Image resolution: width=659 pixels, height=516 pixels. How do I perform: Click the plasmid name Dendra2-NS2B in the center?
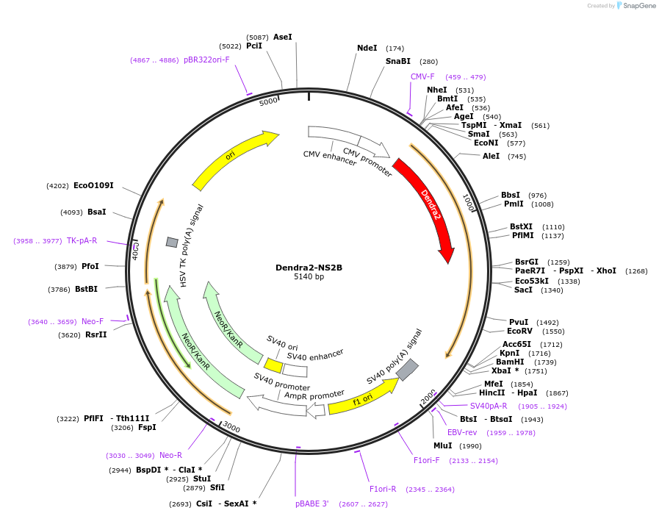(x=309, y=268)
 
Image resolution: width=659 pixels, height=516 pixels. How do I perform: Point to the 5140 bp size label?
(x=309, y=277)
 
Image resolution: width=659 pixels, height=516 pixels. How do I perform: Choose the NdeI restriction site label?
(x=367, y=49)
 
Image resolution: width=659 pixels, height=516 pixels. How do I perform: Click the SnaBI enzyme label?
(x=398, y=62)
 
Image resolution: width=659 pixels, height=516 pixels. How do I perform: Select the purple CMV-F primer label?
(x=422, y=77)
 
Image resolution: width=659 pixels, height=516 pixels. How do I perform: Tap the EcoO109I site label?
(x=93, y=186)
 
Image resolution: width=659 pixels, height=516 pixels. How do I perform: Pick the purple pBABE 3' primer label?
(x=312, y=504)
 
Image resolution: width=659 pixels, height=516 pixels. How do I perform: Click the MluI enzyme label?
(x=442, y=446)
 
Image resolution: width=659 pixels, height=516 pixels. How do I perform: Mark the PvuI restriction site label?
(x=519, y=322)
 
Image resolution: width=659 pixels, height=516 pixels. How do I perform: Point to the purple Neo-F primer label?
(x=93, y=321)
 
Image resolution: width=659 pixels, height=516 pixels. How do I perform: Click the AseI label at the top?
(x=282, y=37)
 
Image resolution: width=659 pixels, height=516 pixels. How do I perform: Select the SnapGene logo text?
(x=638, y=6)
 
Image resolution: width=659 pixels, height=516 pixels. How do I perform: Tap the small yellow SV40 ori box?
(x=273, y=365)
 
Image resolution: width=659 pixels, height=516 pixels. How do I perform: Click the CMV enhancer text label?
(x=328, y=157)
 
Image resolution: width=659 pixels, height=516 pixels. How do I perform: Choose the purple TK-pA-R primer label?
(x=82, y=240)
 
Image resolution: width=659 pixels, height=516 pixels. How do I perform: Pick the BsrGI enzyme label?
(x=526, y=262)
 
